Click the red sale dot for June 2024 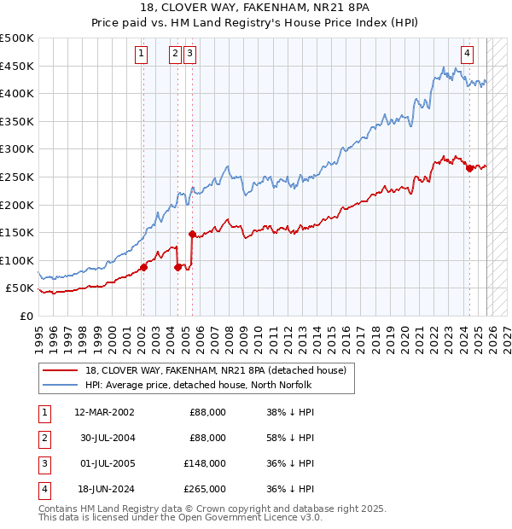click(469, 169)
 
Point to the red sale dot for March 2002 click(143, 267)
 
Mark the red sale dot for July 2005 click(192, 234)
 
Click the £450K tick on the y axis click(17, 66)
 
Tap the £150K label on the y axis click(17, 232)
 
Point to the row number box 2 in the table click(44, 438)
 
